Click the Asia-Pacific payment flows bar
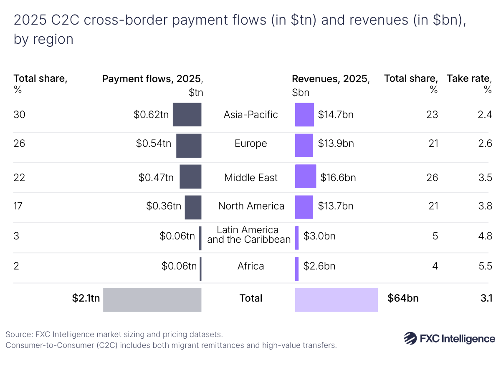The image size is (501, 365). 187,114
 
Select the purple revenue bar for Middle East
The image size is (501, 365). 305,176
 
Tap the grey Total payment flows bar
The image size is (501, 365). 152,300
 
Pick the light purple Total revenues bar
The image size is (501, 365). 336,300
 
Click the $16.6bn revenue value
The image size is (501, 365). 338,178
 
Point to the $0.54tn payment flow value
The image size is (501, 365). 153,143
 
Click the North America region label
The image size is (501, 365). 251,206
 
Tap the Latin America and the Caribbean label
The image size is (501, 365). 249,235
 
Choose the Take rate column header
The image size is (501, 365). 469,78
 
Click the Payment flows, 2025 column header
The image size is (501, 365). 152,79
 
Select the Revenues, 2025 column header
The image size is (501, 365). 330,79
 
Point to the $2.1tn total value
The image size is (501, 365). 86,298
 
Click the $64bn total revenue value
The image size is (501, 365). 403,298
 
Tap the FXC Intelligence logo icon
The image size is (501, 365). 410,338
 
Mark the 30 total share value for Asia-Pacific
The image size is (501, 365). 19,114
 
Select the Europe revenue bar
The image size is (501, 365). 304,145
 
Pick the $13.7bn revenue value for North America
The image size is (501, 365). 335,206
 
